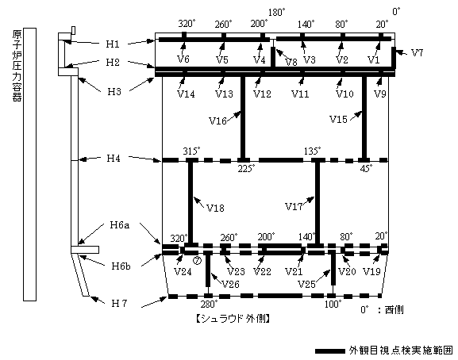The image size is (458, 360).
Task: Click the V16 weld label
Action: point(218,121)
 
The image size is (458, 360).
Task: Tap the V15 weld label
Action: point(338,119)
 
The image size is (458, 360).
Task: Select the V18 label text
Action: point(215,208)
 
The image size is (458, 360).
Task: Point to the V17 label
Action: point(294,206)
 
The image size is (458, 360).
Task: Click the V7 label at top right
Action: point(417,53)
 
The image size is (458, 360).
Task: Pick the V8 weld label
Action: point(291,62)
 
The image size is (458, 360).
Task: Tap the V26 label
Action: point(230,284)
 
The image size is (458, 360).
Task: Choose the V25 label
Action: point(306,284)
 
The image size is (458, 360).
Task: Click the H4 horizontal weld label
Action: point(113,158)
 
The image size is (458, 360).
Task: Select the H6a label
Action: point(120,225)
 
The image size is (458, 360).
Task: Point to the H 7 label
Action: point(119,304)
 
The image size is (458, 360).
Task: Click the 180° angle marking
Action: point(276,13)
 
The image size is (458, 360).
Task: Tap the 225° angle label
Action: point(246,169)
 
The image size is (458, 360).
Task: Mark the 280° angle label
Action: point(209,304)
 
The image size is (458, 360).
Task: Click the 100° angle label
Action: point(333,304)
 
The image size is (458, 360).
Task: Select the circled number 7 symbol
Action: point(197,261)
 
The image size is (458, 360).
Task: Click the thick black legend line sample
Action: point(329,351)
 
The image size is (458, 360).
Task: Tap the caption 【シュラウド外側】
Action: point(233,319)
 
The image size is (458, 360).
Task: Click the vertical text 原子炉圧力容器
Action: point(17,65)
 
